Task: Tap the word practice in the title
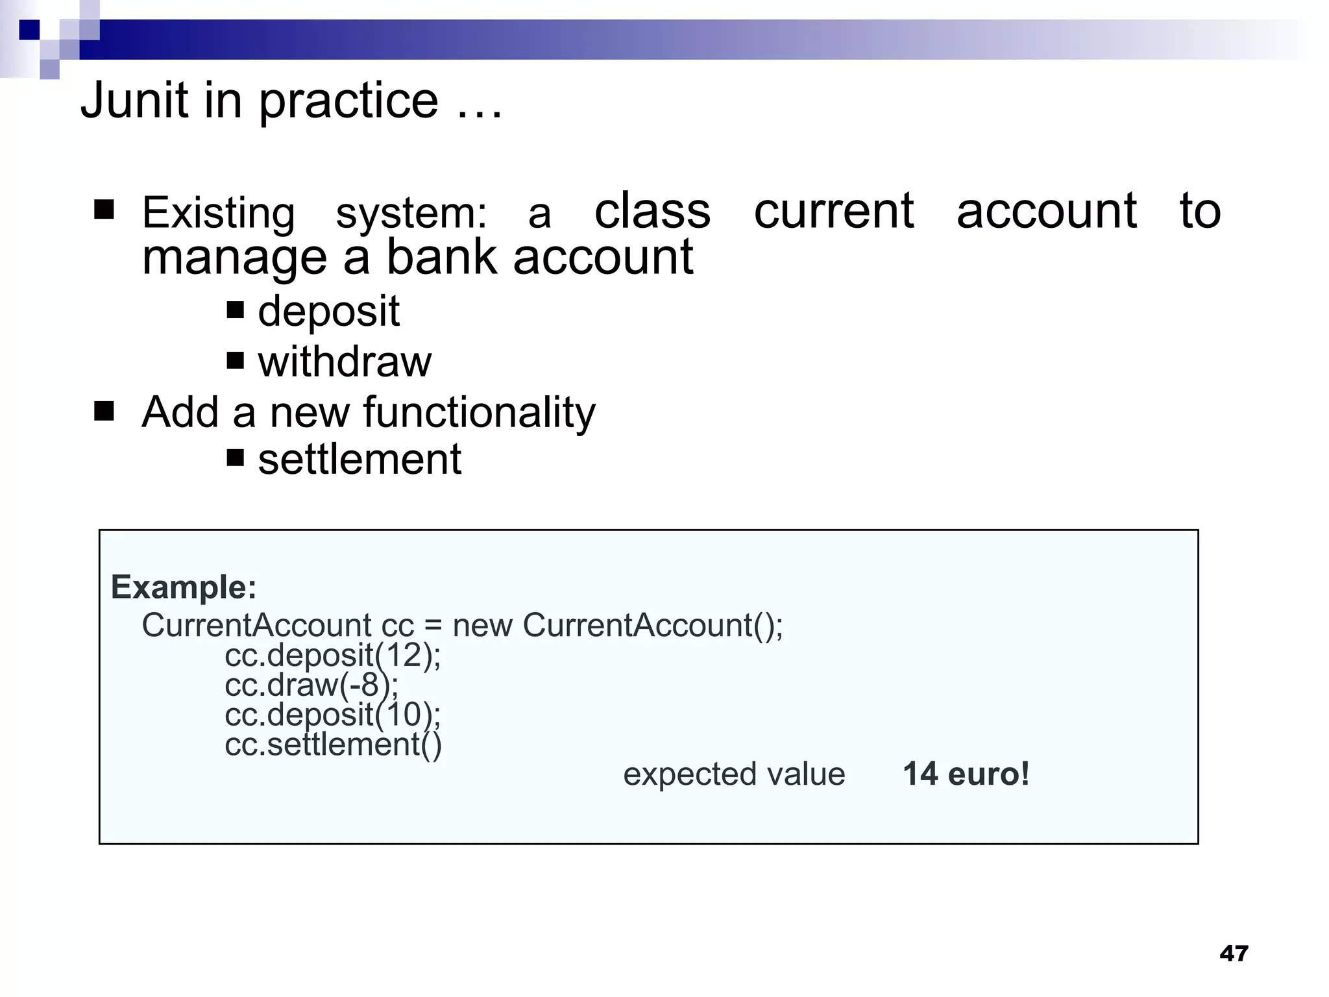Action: (x=349, y=103)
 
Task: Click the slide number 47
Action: (x=1234, y=953)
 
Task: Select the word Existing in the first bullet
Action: (x=219, y=213)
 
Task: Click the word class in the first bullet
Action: (x=652, y=211)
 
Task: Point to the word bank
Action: (x=441, y=257)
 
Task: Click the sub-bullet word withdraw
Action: (x=345, y=362)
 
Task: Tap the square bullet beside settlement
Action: (x=235, y=458)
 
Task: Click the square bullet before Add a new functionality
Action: (x=104, y=411)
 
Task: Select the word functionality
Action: (x=479, y=412)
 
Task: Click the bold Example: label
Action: (x=184, y=587)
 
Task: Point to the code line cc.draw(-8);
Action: (x=311, y=685)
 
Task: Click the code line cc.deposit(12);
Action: (x=332, y=655)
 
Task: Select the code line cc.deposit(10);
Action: (x=332, y=715)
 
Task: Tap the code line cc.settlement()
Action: (x=333, y=745)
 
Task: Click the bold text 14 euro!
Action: (x=966, y=774)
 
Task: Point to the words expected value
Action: (x=734, y=774)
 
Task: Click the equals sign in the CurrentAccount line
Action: (x=433, y=626)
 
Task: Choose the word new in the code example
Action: (x=482, y=626)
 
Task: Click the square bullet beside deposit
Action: (x=235, y=310)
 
